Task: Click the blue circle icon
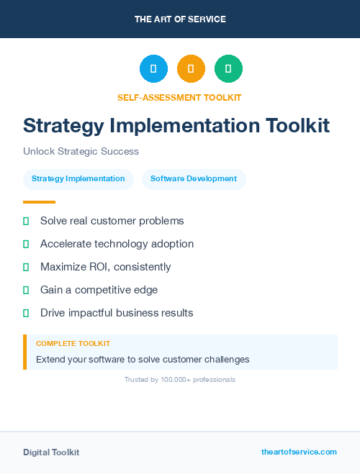tap(153, 69)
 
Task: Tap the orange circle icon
tap(191, 69)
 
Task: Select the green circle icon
tap(228, 69)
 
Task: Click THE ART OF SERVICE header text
tap(180, 19)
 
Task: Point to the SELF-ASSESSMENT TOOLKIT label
tap(179, 97)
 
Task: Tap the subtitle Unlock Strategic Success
tap(81, 152)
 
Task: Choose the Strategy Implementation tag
tap(78, 179)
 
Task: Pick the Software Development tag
tap(194, 179)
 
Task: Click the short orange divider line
tap(39, 202)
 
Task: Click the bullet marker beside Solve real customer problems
tap(26, 222)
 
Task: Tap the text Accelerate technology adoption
tap(117, 244)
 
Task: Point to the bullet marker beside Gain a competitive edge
tap(26, 290)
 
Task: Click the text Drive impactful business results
tap(117, 313)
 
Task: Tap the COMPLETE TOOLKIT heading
tap(73, 344)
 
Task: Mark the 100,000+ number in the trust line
tap(176, 380)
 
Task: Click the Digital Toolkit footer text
tap(51, 452)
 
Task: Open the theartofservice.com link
tap(299, 452)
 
